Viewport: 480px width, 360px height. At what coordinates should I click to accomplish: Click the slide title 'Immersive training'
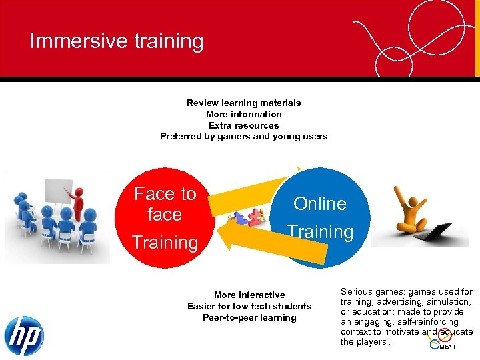117,41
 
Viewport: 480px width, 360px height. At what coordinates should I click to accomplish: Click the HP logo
23,335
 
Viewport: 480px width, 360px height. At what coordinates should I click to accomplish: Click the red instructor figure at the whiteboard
79,203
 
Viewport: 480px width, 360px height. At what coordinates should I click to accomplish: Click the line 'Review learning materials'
243,103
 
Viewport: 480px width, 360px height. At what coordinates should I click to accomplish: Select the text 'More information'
243,114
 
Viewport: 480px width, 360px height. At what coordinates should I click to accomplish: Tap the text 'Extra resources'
243,125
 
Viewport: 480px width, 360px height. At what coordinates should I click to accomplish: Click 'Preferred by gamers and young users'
243,137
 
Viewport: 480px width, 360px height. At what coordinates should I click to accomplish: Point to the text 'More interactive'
249,295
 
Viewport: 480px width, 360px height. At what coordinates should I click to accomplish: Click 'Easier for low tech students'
249,306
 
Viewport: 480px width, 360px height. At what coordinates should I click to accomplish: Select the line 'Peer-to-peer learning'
249,317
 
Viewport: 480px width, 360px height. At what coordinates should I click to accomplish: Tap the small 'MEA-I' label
447,347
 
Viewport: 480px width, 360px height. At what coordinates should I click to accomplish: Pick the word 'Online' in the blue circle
320,204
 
